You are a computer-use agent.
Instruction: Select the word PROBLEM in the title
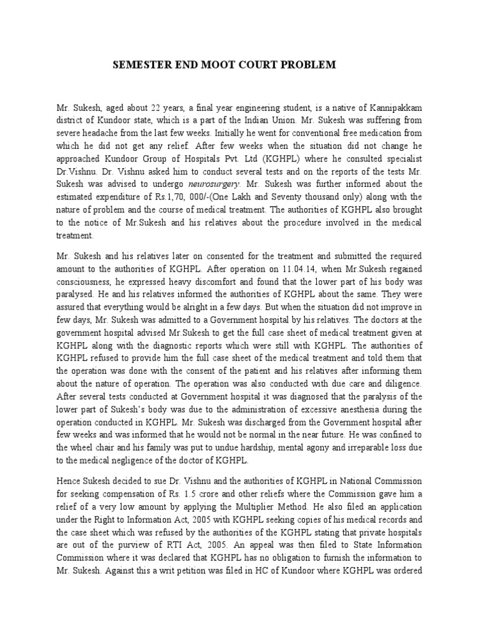pyautogui.click(x=309, y=65)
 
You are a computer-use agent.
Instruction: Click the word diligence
pyautogui.click(x=401, y=383)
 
